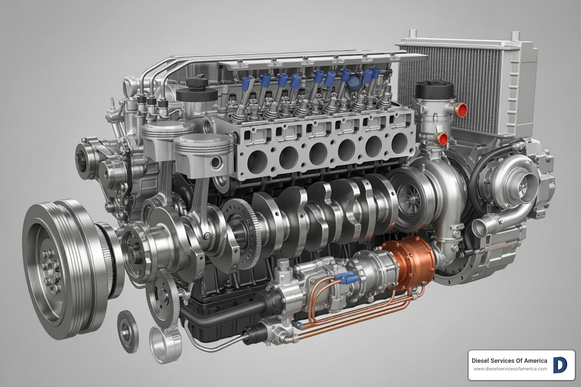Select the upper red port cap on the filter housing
(x=461, y=110)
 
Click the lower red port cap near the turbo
(x=442, y=138)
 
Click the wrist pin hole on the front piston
(x=217, y=163)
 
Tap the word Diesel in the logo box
(x=481, y=361)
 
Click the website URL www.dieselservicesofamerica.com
(x=510, y=369)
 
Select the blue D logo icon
(x=560, y=365)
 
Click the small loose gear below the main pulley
(x=127, y=331)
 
